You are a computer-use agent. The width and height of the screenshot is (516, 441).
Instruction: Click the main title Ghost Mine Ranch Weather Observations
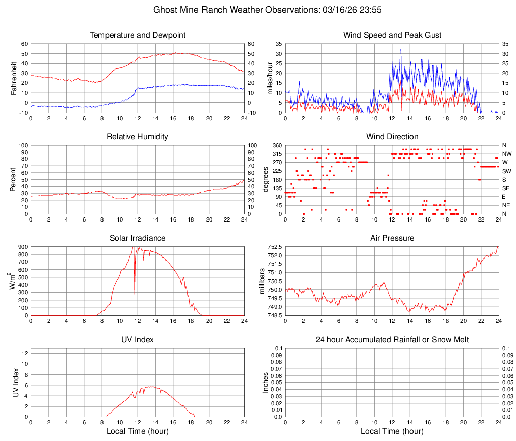point(257,10)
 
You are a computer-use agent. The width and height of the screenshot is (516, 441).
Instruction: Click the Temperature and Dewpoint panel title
point(138,35)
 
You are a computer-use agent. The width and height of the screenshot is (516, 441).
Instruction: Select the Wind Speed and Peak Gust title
point(392,35)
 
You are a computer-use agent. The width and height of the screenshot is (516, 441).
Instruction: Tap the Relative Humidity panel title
point(138,137)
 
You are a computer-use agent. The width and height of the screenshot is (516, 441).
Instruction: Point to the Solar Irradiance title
point(138,238)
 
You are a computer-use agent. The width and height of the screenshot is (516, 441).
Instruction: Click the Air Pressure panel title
point(392,238)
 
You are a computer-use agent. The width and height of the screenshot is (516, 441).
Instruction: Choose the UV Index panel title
point(138,340)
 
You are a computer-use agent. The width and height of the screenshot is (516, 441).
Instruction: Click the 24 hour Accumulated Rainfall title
point(392,340)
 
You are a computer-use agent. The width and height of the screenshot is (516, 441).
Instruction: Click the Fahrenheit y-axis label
point(14,78)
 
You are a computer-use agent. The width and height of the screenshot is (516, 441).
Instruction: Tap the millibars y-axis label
point(261,281)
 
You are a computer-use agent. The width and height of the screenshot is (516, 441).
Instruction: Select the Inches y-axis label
point(266,383)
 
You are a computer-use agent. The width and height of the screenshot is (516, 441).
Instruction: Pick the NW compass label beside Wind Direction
point(507,154)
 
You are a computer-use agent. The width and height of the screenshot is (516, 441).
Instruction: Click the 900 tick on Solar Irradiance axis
point(23,247)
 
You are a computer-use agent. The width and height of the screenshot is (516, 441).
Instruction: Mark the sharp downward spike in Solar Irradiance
point(135,293)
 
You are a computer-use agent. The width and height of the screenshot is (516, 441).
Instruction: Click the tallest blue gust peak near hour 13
point(401,50)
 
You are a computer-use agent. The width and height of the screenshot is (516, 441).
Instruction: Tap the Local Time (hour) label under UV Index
point(138,431)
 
